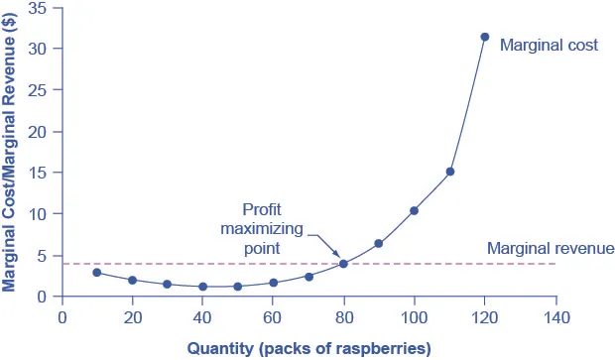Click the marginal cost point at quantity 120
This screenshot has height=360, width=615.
(x=485, y=37)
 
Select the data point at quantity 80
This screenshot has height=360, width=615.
(x=343, y=264)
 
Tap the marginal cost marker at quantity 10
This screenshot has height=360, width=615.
(x=96, y=273)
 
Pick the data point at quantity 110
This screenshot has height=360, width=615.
(x=449, y=172)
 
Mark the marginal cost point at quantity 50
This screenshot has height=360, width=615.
(x=237, y=287)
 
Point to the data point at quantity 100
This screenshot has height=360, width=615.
(x=414, y=210)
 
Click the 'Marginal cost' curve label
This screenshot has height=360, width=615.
(x=549, y=45)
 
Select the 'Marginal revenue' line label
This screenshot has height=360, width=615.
(x=552, y=248)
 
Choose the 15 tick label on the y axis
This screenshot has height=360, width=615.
(x=40, y=173)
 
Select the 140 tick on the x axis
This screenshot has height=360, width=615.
(x=555, y=317)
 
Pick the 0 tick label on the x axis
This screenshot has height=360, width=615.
(x=61, y=317)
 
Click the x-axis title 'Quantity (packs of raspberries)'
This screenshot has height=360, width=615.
(x=308, y=347)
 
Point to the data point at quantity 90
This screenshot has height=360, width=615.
(x=378, y=243)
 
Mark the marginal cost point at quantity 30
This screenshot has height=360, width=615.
(x=167, y=284)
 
